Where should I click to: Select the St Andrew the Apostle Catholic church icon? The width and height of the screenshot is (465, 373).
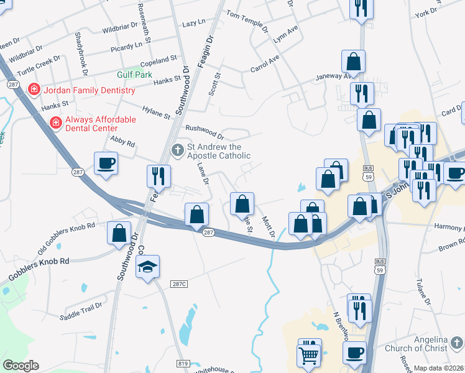pos(178,149)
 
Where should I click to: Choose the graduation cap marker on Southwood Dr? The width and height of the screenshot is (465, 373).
pos(147,267)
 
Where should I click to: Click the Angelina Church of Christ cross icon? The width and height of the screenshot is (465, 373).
pos(456,343)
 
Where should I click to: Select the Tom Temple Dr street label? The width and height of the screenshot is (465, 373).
pos(247,21)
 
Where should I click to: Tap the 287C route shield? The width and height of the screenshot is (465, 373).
pos(179,283)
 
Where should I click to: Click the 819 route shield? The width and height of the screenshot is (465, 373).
pos(182,363)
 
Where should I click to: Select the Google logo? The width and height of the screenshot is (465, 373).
pos(21,366)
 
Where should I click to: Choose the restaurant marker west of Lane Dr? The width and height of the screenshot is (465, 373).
pos(159,176)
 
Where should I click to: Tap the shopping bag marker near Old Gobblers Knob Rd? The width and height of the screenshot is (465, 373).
pos(118,233)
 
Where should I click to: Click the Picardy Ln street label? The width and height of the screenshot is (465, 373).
pos(126,47)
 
